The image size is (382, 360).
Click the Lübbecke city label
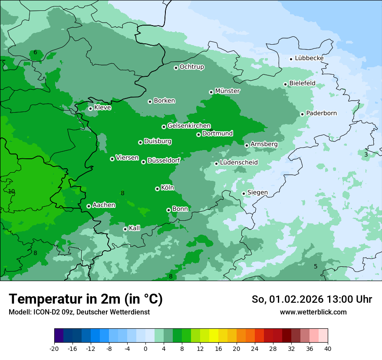click(309, 58)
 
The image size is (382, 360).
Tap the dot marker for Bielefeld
click(286, 84)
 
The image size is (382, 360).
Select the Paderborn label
click(321, 113)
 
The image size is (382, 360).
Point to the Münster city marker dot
click(211, 92)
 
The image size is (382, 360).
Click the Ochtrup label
click(191, 67)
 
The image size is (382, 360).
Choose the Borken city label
click(164, 101)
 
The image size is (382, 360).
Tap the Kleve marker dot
click(90, 108)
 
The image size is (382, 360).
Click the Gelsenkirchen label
click(189, 126)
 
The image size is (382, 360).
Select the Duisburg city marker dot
click(141, 142)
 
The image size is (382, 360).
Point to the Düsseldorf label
click(164, 160)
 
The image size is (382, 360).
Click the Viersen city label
click(127, 158)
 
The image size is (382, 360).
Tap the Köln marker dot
click(157, 189)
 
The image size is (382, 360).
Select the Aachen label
click(104, 205)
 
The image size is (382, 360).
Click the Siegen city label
click(257, 192)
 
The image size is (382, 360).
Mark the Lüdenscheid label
click(239, 163)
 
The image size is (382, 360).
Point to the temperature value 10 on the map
click(11, 191)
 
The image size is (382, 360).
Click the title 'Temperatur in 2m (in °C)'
click(86, 299)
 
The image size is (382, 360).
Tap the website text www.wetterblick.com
click(313, 312)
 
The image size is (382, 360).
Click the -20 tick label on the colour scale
click(54, 348)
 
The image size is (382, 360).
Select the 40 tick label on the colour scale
click(328, 348)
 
